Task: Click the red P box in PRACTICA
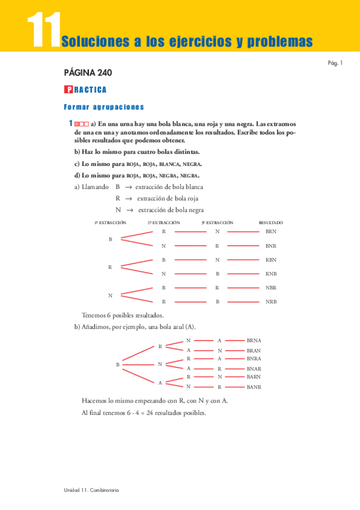click(x=68, y=90)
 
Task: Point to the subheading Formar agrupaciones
click(x=103, y=107)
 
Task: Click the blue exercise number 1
click(x=70, y=123)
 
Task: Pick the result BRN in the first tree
click(x=270, y=231)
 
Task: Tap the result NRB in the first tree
click(x=270, y=301)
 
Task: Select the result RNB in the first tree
click(x=270, y=274)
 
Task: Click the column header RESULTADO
click(x=270, y=222)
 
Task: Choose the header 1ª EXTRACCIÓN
click(x=110, y=222)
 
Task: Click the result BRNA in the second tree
click(x=254, y=340)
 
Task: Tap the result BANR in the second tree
click(x=254, y=387)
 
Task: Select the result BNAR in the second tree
click(x=254, y=368)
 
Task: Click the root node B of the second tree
click(x=117, y=364)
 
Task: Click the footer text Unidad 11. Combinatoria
click(x=91, y=490)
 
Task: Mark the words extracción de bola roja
click(x=167, y=198)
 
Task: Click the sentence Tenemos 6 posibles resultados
click(x=123, y=315)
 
